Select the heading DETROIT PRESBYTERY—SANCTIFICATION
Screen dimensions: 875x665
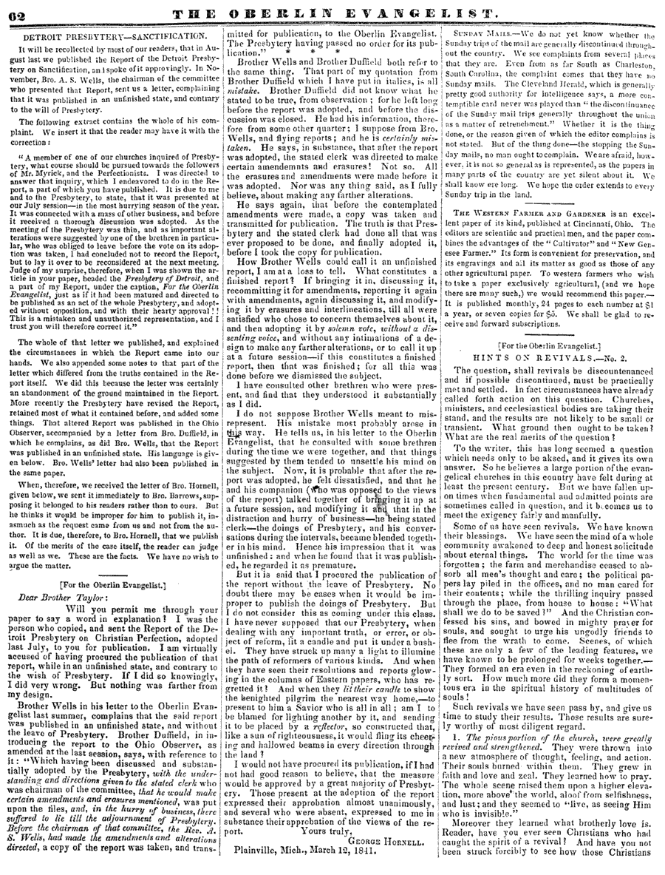pyautogui.click(x=115, y=36)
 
